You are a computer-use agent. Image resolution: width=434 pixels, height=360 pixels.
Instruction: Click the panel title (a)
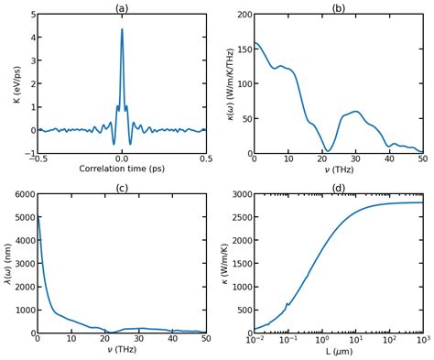point(122,8)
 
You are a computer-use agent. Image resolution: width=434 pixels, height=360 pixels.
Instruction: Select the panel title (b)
point(339,8)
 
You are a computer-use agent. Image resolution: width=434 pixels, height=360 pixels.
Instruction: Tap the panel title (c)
point(122,188)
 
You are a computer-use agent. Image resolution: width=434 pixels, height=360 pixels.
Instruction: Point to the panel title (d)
point(339,188)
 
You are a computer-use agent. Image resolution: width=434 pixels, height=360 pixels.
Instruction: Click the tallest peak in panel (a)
point(122,29)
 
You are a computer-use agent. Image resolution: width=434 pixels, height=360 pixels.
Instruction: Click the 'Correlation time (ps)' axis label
point(122,169)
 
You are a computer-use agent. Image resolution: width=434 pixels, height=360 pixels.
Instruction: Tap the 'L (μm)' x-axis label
point(339,352)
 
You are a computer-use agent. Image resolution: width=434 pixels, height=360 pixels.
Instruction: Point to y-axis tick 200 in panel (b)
point(240,16)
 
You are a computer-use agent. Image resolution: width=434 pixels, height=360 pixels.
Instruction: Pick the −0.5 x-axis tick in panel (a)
point(37,159)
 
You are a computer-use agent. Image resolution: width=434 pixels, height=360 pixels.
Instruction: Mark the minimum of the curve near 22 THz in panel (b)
point(329,150)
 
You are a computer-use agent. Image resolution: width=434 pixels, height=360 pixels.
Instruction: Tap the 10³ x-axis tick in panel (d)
point(422,340)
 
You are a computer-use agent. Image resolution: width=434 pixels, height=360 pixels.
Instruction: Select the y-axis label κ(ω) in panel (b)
point(220,84)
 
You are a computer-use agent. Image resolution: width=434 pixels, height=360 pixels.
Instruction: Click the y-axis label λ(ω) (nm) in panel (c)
point(6,264)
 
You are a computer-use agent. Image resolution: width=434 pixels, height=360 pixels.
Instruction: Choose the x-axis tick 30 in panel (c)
point(139,340)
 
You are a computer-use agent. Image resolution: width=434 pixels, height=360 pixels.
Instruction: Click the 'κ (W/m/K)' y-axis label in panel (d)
point(220,264)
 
